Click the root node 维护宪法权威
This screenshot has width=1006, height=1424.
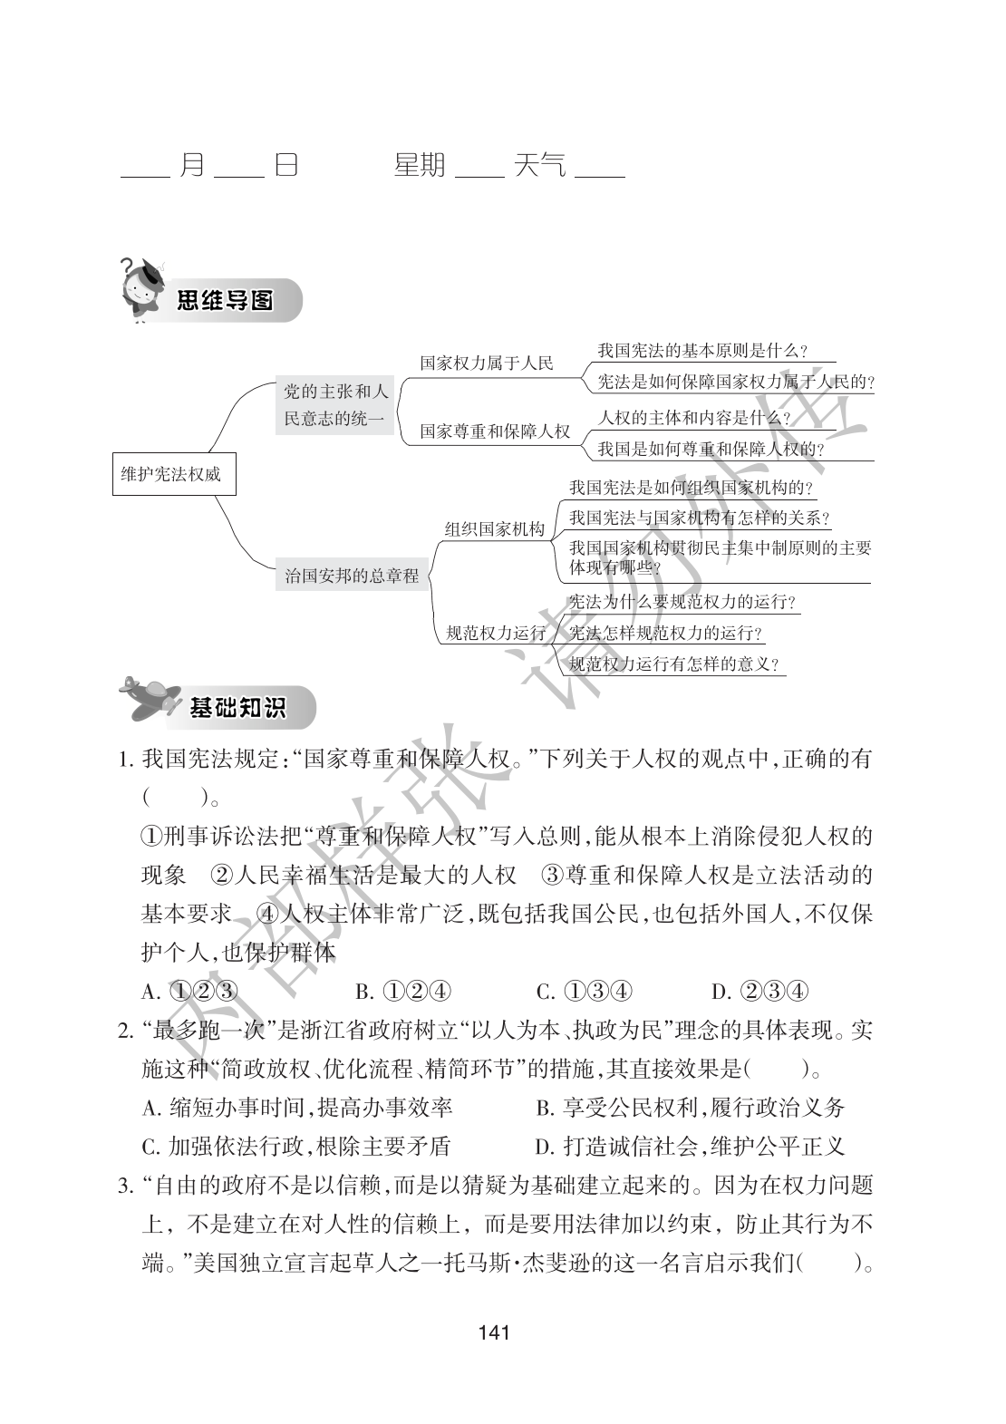[x=171, y=473]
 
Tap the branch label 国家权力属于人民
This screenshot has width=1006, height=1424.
[x=487, y=363]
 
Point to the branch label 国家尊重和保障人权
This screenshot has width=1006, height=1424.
[x=495, y=431]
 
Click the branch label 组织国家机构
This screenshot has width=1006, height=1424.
[x=494, y=529]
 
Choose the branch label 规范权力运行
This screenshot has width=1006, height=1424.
[x=497, y=634]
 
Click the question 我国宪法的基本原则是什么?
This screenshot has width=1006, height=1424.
[x=702, y=351]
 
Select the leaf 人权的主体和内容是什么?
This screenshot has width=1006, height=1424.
[x=694, y=418]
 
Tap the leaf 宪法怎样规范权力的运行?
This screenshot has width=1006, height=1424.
[x=665, y=633]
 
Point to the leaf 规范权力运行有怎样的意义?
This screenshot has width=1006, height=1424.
[x=674, y=664]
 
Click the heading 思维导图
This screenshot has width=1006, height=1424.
[x=225, y=299]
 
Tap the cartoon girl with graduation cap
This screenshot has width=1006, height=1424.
[x=140, y=288]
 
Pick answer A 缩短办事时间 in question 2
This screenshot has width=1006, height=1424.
[x=298, y=1107]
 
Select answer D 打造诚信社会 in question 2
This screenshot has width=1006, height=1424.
[x=690, y=1146]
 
